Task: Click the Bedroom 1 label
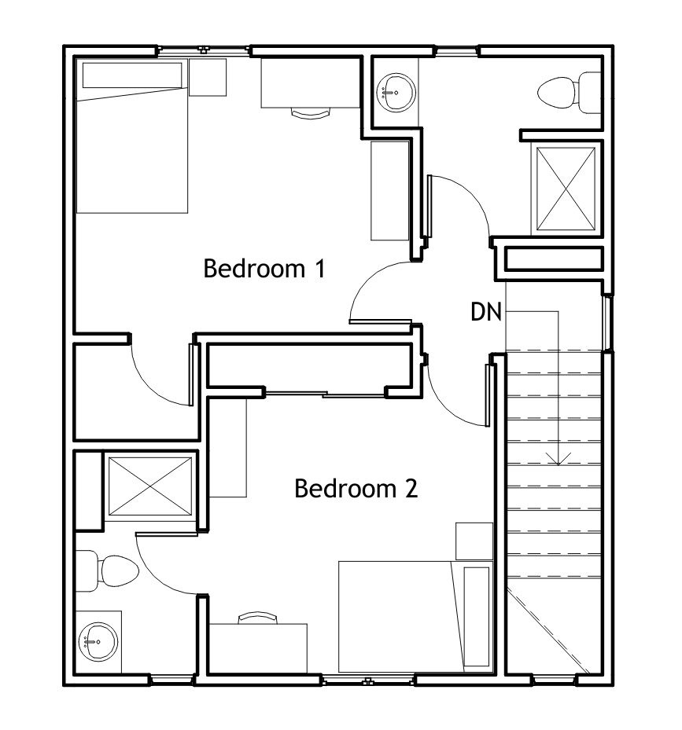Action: [264, 269]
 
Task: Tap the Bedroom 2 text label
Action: [356, 489]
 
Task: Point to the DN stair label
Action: [486, 311]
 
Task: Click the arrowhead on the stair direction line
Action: [558, 459]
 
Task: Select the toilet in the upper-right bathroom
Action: [569, 93]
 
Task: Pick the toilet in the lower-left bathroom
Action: [106, 570]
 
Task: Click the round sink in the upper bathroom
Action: [396, 92]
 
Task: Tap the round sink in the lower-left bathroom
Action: [98, 642]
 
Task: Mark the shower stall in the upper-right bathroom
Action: [566, 189]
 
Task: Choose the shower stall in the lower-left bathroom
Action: [150, 486]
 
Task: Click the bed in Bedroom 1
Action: [132, 136]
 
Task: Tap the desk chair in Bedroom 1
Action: [311, 112]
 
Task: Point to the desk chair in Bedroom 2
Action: [258, 618]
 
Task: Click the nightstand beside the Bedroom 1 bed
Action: [208, 77]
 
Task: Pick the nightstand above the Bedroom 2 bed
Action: [474, 541]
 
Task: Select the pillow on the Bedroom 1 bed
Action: [132, 75]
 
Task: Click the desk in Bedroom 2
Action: [258, 648]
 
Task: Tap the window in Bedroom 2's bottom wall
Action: [368, 680]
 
